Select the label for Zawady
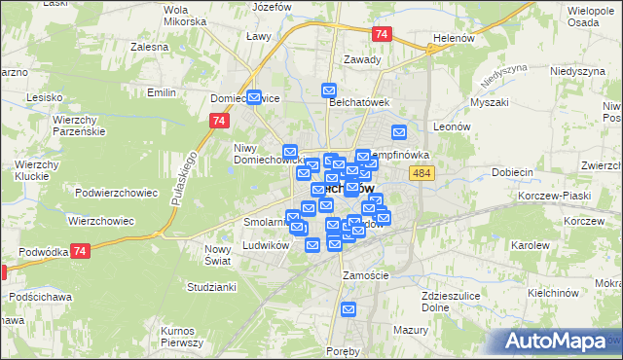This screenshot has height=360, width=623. click(x=361, y=58)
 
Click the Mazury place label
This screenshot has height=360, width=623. click(x=412, y=330)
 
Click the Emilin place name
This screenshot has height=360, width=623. click(x=160, y=92)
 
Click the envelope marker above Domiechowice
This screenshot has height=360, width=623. click(x=255, y=97)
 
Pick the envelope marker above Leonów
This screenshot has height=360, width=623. click(x=398, y=132)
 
